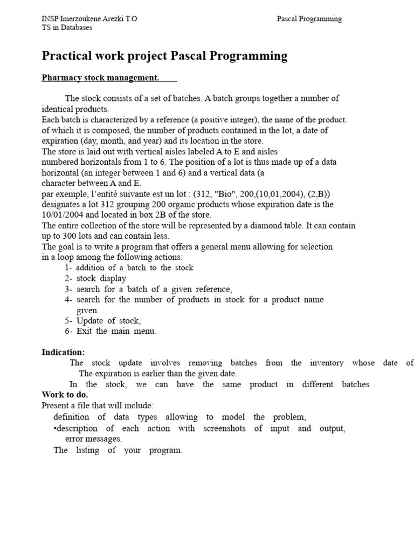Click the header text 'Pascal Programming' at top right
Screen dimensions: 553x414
309,19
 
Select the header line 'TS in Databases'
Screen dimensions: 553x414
67,28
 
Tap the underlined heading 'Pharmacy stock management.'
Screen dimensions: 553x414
100,78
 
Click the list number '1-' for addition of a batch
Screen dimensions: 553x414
68,268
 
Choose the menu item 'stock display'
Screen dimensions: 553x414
101,279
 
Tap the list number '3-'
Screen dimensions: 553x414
68,289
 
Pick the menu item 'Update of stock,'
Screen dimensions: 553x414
108,321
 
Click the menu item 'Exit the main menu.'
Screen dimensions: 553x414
116,331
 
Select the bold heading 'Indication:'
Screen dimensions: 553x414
63,352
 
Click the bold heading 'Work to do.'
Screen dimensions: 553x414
65,395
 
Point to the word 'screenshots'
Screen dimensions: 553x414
224,428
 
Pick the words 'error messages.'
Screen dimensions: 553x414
93,439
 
